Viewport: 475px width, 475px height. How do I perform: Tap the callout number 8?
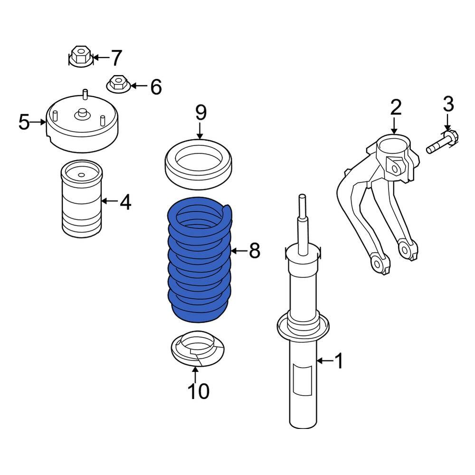pyautogui.click(x=255, y=251)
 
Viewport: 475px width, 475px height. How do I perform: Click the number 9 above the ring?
pyautogui.click(x=200, y=113)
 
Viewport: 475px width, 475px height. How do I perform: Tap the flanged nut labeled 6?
pyautogui.click(x=118, y=84)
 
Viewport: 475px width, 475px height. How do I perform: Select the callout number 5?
pyautogui.click(x=24, y=122)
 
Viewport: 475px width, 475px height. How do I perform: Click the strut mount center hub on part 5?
pyautogui.click(x=82, y=114)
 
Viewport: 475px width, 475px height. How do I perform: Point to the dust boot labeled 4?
pyautogui.click(x=82, y=199)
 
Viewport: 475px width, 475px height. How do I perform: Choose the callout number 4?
pyautogui.click(x=125, y=202)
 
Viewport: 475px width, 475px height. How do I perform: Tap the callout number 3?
pyautogui.click(x=448, y=104)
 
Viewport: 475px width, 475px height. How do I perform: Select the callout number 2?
pyautogui.click(x=396, y=107)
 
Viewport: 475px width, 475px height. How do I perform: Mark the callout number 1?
pyautogui.click(x=339, y=361)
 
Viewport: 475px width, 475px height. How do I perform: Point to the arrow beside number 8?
pyautogui.click(x=239, y=251)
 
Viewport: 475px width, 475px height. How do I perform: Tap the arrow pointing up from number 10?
pyautogui.click(x=196, y=374)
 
